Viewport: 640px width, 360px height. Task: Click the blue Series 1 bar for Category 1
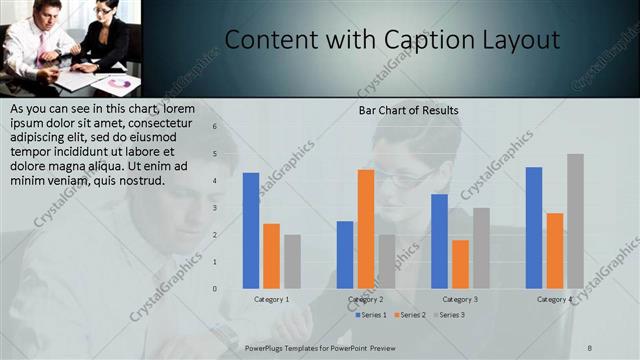click(250, 230)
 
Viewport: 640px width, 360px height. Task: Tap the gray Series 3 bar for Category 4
click(575, 221)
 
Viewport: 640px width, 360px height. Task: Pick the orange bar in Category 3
click(460, 263)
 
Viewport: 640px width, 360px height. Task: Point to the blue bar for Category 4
click(534, 227)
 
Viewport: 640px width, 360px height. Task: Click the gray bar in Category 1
click(292, 261)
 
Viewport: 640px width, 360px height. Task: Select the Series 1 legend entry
click(371, 315)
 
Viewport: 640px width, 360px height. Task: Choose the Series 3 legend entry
click(451, 315)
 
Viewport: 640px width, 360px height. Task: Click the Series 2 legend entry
click(411, 315)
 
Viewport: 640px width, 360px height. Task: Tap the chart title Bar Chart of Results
click(408, 109)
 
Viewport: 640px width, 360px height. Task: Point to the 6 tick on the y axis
click(214, 127)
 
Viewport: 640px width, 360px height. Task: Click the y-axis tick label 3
click(214, 208)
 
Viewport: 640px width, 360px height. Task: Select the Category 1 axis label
click(272, 299)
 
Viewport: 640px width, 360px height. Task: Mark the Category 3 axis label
click(460, 299)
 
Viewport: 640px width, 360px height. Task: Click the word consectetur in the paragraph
click(159, 122)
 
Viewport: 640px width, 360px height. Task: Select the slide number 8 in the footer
click(590, 347)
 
